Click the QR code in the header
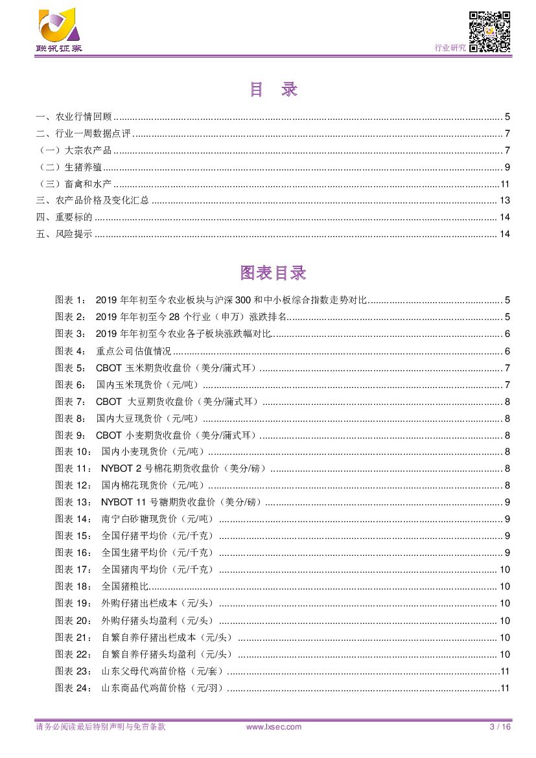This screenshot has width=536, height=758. click(x=489, y=32)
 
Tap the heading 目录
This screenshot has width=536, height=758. click(x=273, y=90)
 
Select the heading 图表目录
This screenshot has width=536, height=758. click(x=273, y=273)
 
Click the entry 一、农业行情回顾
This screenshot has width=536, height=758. click(x=74, y=117)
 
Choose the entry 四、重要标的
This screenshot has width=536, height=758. click(x=64, y=217)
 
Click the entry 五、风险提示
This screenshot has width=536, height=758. click(x=64, y=234)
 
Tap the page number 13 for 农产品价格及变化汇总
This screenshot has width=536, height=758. click(x=505, y=200)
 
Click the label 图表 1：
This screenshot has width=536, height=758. click(x=70, y=300)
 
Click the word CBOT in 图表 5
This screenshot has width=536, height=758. click(x=108, y=368)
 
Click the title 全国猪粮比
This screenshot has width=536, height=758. click(x=126, y=586)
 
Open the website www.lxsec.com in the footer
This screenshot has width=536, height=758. click(x=274, y=727)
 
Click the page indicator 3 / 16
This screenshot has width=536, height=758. click(x=500, y=727)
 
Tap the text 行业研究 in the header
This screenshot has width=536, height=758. click(x=449, y=47)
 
